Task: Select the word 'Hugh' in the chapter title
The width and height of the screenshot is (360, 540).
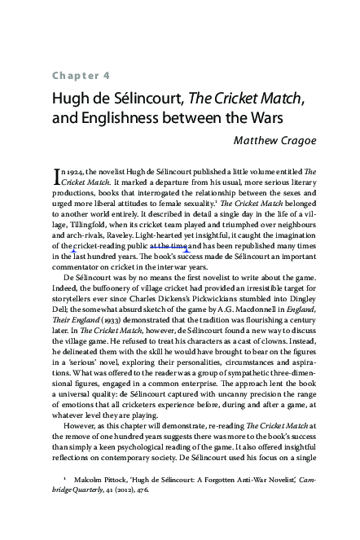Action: point(72,100)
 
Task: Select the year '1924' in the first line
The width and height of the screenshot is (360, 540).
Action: point(81,172)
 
